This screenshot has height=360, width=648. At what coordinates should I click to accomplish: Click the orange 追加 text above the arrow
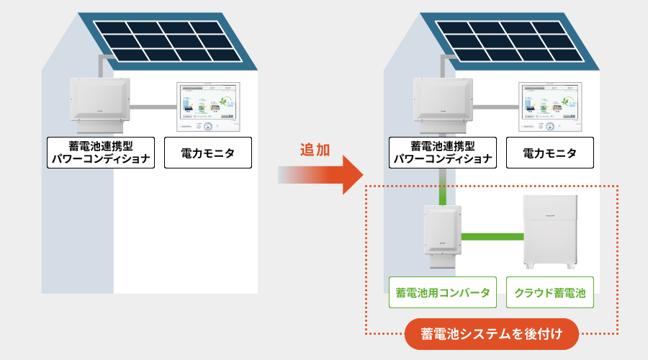[x=315, y=150]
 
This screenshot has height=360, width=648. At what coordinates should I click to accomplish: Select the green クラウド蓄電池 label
[x=551, y=294]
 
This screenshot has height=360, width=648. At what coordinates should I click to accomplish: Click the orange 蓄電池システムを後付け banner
[x=492, y=334]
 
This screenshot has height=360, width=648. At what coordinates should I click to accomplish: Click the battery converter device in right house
[x=441, y=234]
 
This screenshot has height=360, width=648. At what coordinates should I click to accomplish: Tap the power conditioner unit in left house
[x=100, y=101]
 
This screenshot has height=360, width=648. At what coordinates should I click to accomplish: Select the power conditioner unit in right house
[x=442, y=101]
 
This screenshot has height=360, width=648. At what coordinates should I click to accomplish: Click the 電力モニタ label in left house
[x=208, y=153]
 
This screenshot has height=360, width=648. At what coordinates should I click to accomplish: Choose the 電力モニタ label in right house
[x=550, y=153]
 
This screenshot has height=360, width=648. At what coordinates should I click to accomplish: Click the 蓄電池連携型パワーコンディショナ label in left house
[x=102, y=153]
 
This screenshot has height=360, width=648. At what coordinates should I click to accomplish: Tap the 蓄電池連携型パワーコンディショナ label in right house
[x=443, y=153]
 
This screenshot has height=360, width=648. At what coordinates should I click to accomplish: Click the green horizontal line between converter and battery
[x=492, y=236]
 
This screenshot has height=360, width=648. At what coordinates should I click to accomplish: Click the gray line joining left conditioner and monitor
[x=153, y=107]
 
